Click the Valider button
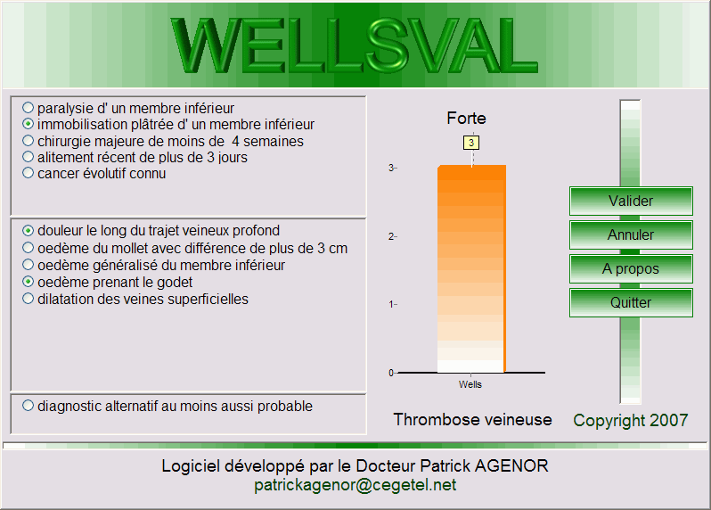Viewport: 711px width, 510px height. point(631,201)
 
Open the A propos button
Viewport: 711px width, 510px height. point(631,268)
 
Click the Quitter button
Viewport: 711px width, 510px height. point(631,302)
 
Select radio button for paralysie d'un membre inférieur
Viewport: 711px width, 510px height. point(29,108)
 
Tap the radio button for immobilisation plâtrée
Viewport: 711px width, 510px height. point(29,123)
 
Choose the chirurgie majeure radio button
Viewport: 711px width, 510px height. point(29,141)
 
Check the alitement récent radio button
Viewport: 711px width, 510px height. point(29,157)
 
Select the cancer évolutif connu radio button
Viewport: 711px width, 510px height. point(29,173)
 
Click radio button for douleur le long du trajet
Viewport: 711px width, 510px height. point(29,231)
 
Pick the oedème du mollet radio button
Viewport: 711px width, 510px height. point(29,248)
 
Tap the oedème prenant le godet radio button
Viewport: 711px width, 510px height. point(29,282)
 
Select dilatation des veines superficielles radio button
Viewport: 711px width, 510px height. point(29,299)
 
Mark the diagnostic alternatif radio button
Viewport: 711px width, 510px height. point(29,405)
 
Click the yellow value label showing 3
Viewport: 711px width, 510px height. point(471,143)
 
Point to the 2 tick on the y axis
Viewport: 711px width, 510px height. point(393,236)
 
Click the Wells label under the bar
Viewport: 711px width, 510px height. point(470,384)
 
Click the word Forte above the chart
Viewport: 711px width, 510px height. point(466,118)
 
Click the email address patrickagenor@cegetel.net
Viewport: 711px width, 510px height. point(355,485)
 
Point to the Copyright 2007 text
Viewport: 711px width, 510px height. point(631,420)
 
